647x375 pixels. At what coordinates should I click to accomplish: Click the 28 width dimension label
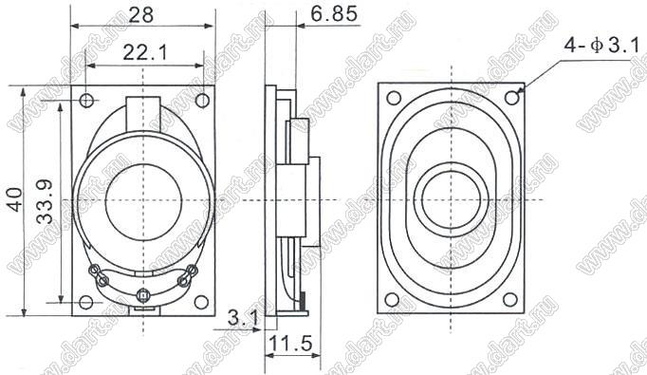(141, 15)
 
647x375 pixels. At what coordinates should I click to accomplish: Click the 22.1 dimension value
(145, 53)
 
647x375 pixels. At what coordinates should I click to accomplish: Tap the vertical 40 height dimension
(15, 200)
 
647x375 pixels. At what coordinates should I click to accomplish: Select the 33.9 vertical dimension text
(45, 201)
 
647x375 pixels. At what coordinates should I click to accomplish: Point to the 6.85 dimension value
(334, 14)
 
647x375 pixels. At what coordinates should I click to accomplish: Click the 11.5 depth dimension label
(290, 344)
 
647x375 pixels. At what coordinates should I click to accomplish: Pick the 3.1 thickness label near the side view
(243, 318)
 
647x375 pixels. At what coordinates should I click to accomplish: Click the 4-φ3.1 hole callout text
(601, 46)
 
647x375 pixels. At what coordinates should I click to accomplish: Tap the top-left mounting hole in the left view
(86, 100)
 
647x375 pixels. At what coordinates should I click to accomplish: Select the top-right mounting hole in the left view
(202, 100)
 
